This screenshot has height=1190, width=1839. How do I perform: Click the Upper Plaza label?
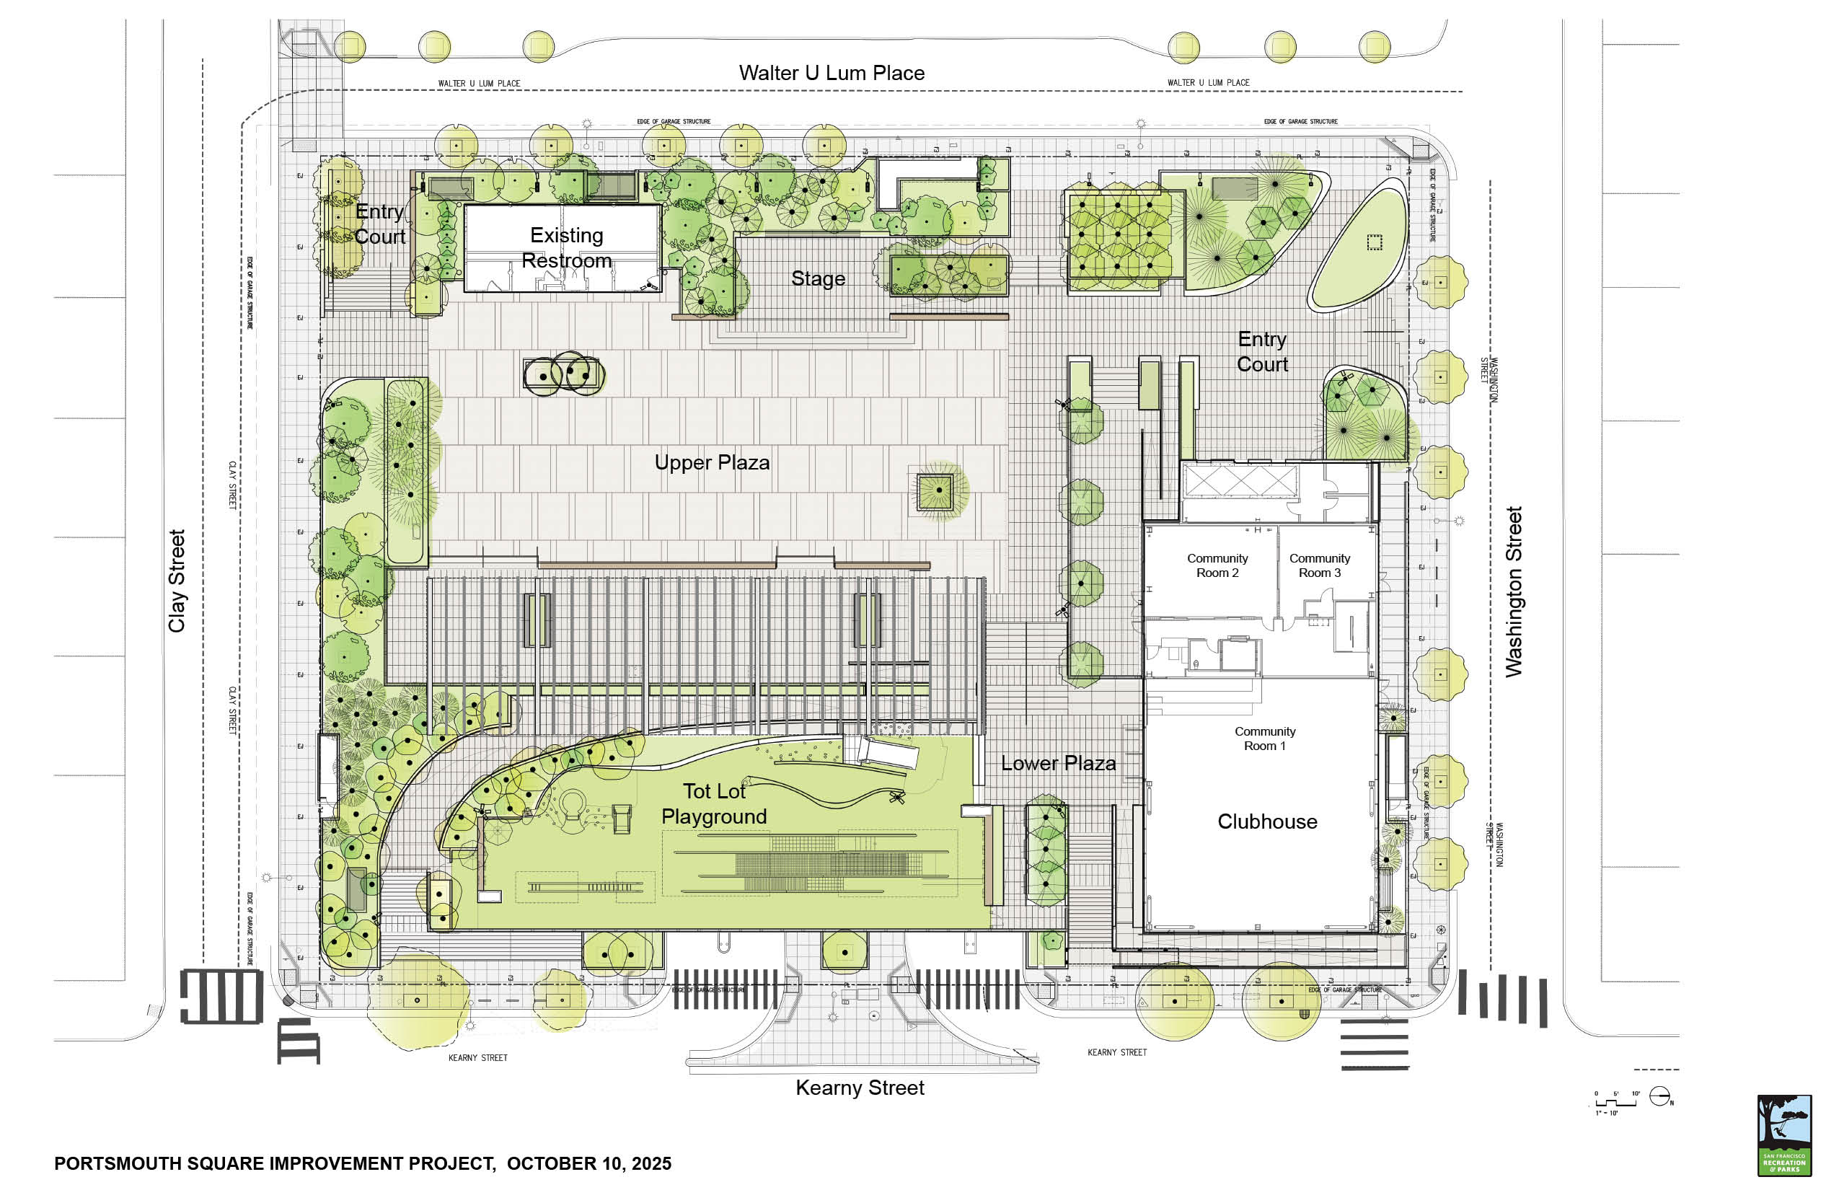[x=712, y=462]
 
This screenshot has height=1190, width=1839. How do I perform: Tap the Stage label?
[x=818, y=278]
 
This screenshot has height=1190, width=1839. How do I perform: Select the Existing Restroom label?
[x=566, y=247]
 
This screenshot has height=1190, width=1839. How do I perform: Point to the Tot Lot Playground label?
[x=713, y=803]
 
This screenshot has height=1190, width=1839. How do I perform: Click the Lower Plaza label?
[x=1058, y=764]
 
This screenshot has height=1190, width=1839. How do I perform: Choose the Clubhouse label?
[x=1267, y=821]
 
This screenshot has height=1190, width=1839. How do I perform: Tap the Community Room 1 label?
[x=1264, y=738]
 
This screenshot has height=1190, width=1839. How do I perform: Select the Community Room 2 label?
[x=1217, y=565]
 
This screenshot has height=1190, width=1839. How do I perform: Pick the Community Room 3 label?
[x=1319, y=565]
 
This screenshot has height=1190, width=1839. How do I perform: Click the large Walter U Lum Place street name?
[x=832, y=73]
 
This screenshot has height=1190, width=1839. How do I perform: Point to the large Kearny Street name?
[x=859, y=1088]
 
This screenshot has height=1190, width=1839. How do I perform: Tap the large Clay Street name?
[x=177, y=581]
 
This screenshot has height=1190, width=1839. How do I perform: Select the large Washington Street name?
[x=1513, y=591]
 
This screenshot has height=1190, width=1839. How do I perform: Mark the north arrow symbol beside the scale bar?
[x=1659, y=1096]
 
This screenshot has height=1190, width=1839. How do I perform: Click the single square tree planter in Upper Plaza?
[x=938, y=490]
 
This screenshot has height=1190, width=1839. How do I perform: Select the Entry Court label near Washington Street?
[x=1262, y=352]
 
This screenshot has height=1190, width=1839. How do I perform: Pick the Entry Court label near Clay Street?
[x=379, y=224]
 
